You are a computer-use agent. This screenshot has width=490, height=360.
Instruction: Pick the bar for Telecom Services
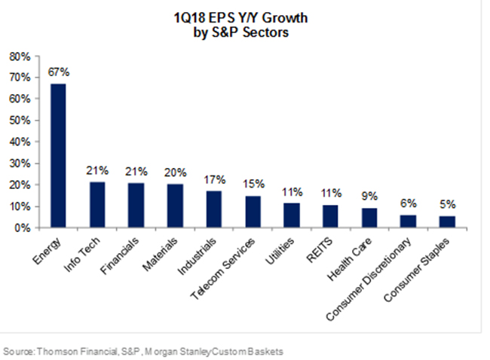253,211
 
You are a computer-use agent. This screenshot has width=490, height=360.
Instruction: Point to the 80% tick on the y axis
20,56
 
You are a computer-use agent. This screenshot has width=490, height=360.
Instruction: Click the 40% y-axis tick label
20,142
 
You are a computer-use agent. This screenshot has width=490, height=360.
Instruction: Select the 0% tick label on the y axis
23,227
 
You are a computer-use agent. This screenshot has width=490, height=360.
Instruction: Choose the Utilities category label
281,250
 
